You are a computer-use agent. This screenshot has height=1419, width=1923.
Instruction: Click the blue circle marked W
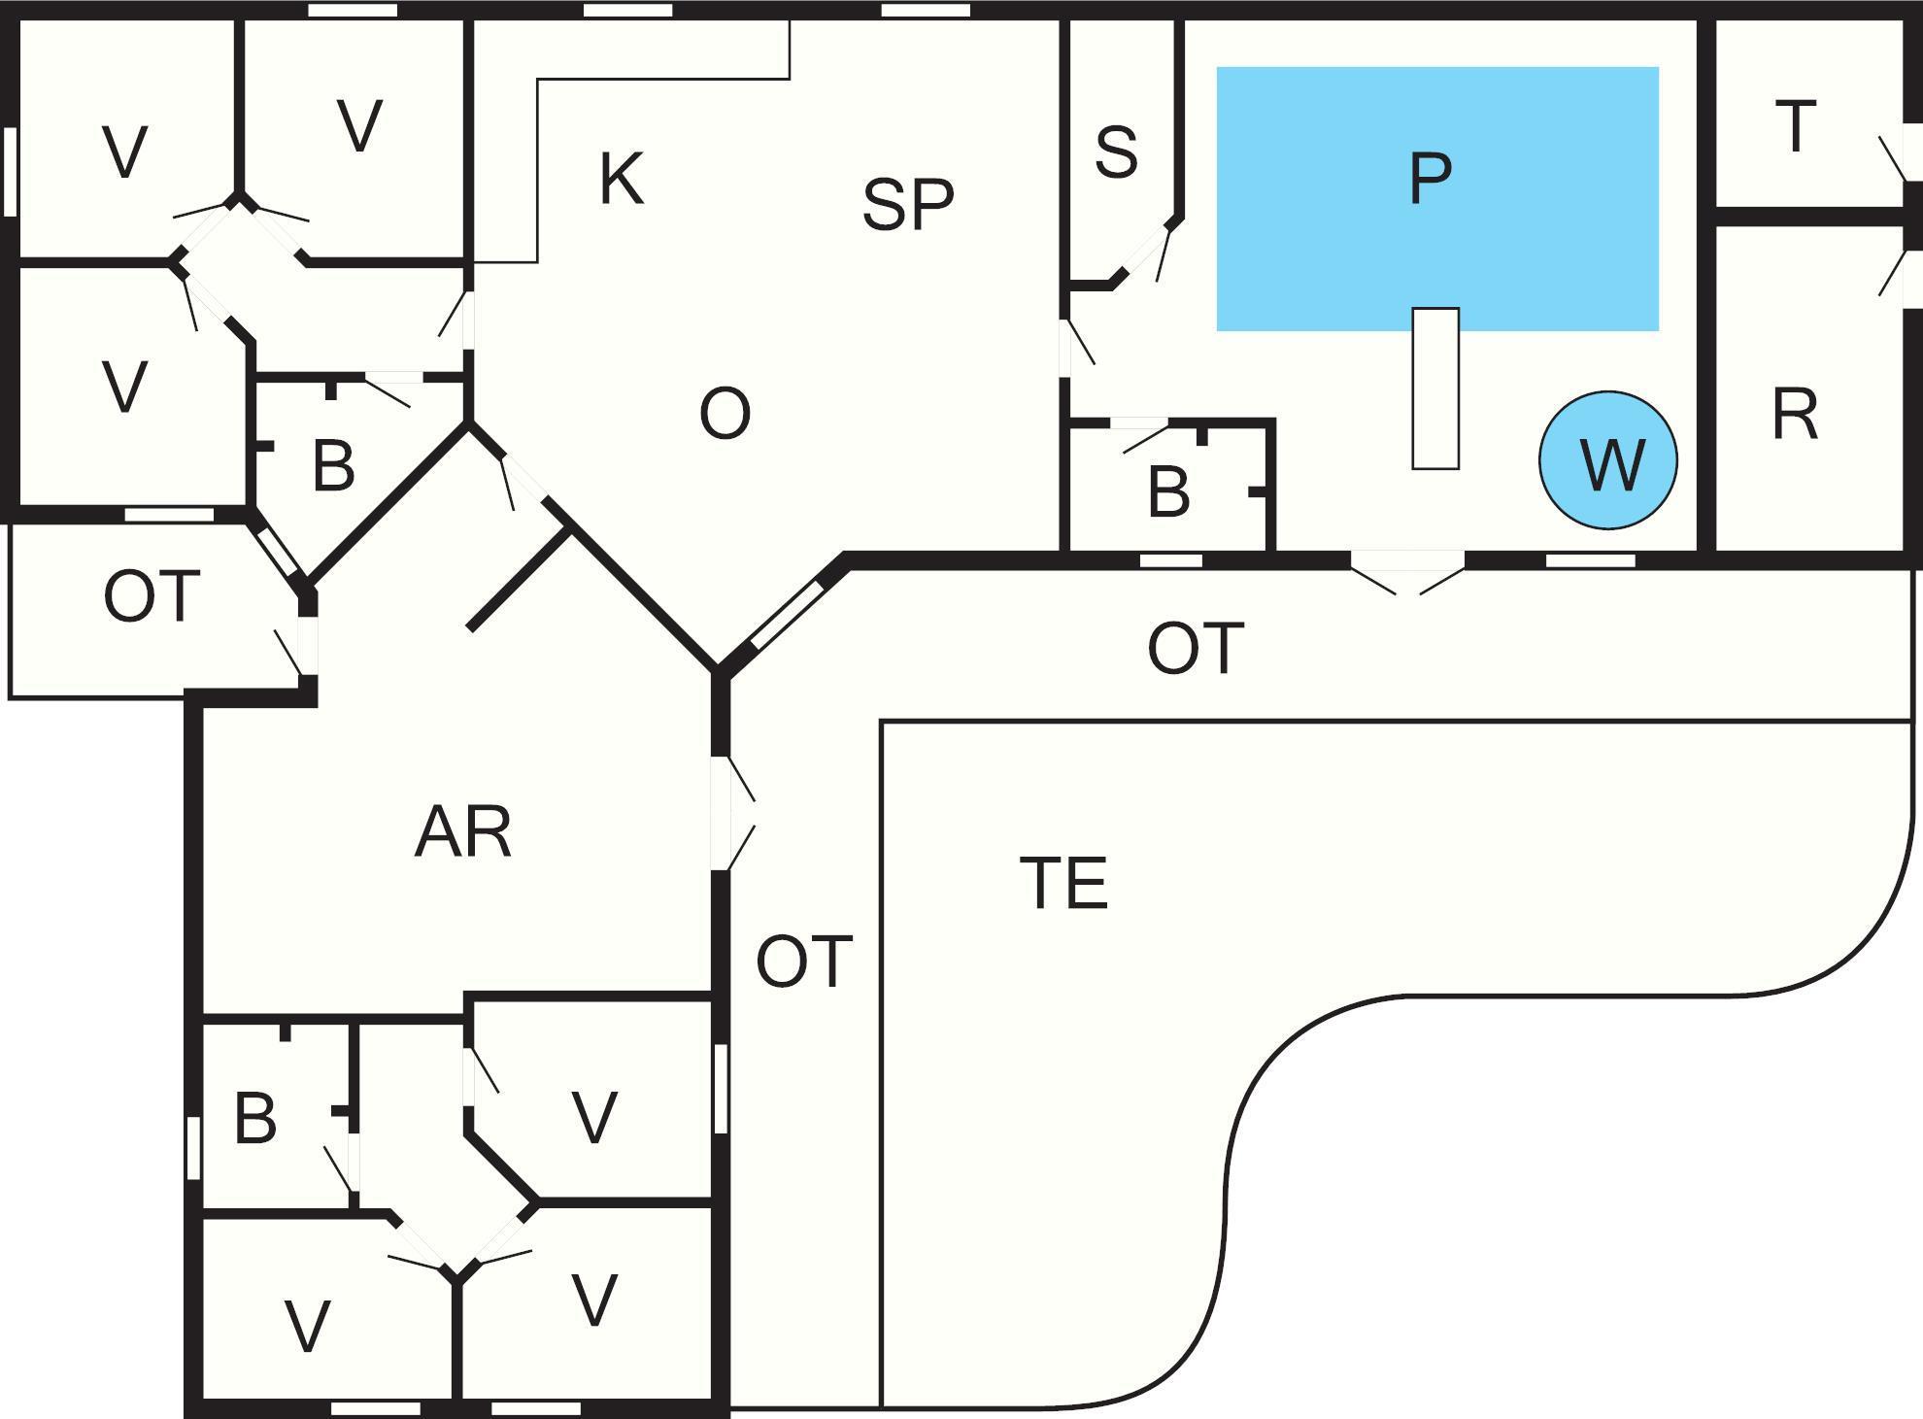coord(1607,461)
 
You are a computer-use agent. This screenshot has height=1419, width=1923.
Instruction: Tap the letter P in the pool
coord(1430,179)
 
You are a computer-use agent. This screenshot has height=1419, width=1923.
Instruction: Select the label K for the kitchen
coord(621,180)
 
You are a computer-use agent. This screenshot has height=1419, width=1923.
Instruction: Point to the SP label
coord(907,205)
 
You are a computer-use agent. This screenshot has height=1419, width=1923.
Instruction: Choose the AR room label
coord(462,833)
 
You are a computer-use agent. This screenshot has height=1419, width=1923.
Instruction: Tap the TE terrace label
coord(1063,884)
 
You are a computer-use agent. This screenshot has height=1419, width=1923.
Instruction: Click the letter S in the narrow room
coord(1116,152)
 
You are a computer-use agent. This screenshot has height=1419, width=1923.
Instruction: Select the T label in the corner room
coord(1795,127)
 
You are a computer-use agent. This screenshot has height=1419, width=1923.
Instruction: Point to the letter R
coord(1795,416)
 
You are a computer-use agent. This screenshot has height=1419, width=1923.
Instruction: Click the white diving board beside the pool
coord(1435,389)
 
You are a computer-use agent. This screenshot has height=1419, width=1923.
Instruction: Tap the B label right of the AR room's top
coord(333,466)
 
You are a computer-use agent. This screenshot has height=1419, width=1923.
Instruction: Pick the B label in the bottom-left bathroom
coord(255,1119)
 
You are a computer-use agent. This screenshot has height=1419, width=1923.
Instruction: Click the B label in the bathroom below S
coord(1167,492)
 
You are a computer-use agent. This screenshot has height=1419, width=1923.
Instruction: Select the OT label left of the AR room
coord(152,596)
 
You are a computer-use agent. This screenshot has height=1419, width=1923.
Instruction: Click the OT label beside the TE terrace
coord(804,963)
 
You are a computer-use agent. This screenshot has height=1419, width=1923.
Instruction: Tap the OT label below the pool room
coord(1195,649)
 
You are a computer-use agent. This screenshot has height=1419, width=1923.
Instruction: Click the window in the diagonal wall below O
coord(787,614)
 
